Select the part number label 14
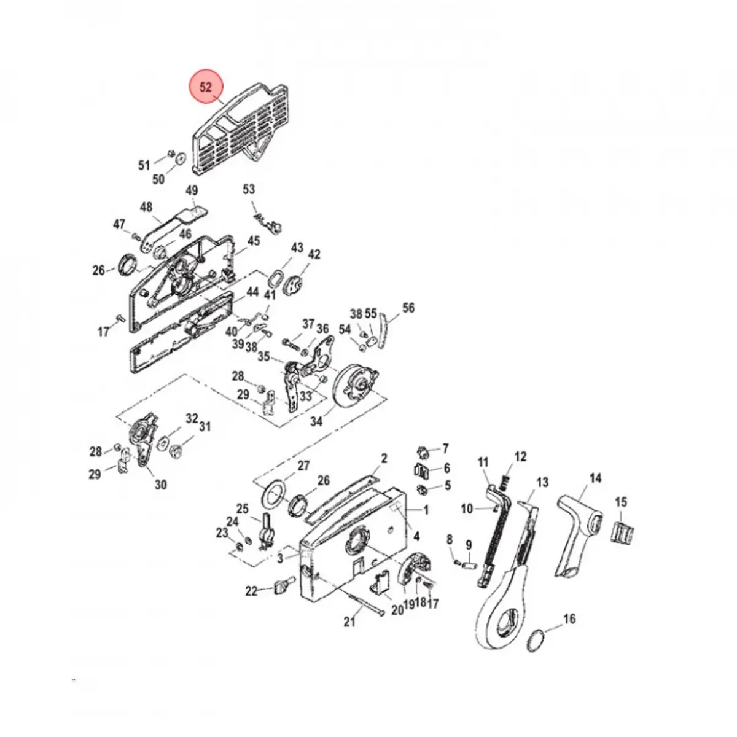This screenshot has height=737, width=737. pyautogui.click(x=595, y=477)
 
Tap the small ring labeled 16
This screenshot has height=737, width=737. pyautogui.click(x=536, y=639)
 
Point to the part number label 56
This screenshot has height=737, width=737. pyautogui.click(x=408, y=308)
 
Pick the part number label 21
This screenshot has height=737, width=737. pyautogui.click(x=349, y=622)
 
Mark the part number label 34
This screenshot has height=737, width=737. pyautogui.click(x=316, y=422)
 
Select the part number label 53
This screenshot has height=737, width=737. pyautogui.click(x=249, y=189)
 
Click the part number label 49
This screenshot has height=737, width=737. pyautogui.click(x=192, y=190)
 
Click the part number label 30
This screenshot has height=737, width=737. pyautogui.click(x=160, y=485)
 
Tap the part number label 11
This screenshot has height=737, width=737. pyautogui.click(x=483, y=462)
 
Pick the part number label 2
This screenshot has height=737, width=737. pyautogui.click(x=384, y=458)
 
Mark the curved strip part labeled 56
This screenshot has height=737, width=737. pyautogui.click(x=383, y=330)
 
